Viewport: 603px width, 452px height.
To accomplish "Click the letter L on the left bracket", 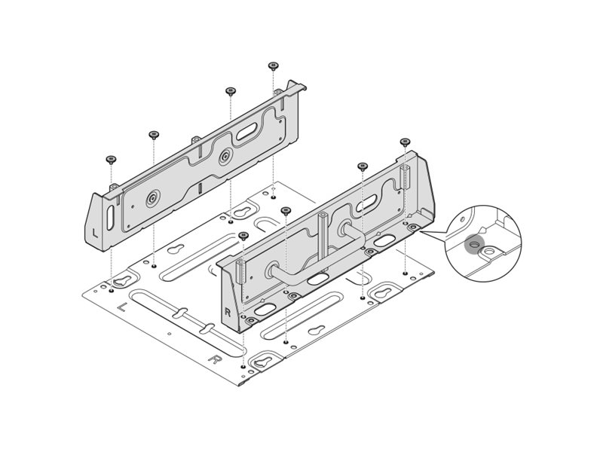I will pyautogui.click(x=94, y=232).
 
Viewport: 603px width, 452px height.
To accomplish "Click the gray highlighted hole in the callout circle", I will pyautogui.click(x=474, y=244).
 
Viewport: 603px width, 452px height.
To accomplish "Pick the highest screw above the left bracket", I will pyautogui.click(x=273, y=66).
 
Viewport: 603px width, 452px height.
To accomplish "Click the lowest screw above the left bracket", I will pyautogui.click(x=112, y=160).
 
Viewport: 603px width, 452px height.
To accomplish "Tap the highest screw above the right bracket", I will pyautogui.click(x=405, y=141).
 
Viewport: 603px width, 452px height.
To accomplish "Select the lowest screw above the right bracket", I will pyautogui.click(x=243, y=236).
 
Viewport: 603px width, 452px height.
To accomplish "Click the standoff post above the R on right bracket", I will pyautogui.click(x=240, y=270).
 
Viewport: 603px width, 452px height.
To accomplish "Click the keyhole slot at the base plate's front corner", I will pyautogui.click(x=262, y=362).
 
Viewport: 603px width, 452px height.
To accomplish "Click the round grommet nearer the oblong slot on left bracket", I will pyautogui.click(x=225, y=157).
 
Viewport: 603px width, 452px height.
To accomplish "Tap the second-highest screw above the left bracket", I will pyautogui.click(x=230, y=91).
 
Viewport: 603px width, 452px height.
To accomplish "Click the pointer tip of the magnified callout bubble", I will pyautogui.click(x=419, y=231).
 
